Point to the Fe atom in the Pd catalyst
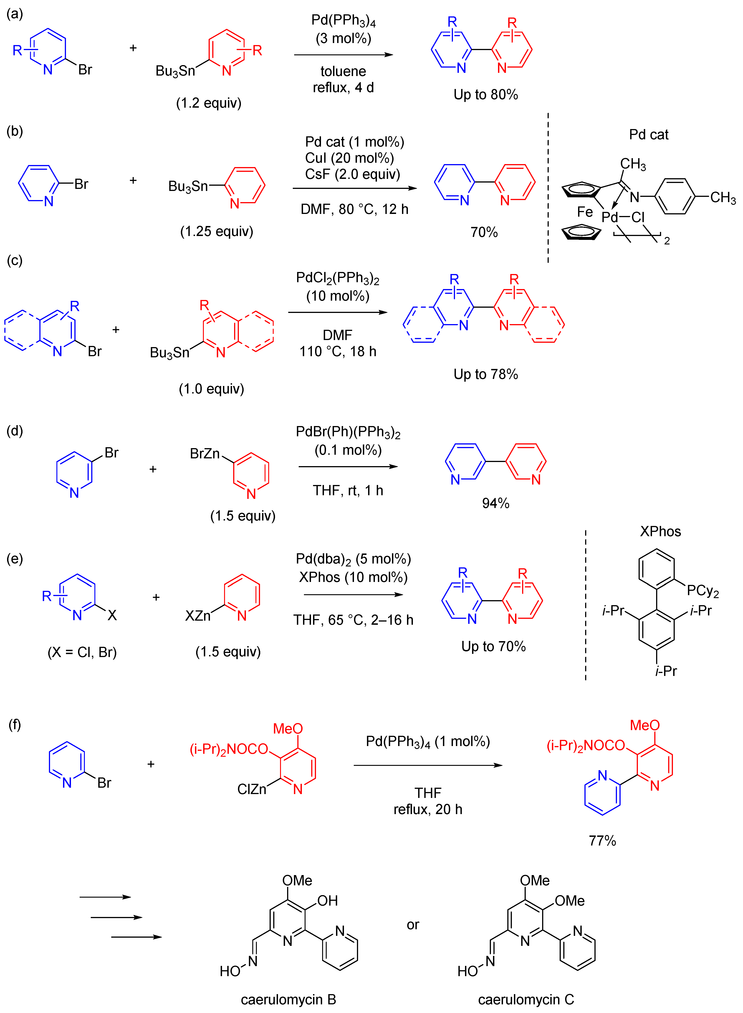pyautogui.click(x=585, y=212)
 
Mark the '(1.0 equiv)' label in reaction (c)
pyautogui.click(x=211, y=389)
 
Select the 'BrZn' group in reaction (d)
pyautogui.click(x=205, y=453)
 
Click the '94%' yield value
pyautogui.click(x=496, y=503)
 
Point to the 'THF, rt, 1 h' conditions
pyautogui.click(x=348, y=490)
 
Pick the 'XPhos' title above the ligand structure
pyautogui.click(x=660, y=531)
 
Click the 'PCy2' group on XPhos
pyautogui.click(x=703, y=591)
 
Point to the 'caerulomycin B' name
pyautogui.click(x=288, y=1000)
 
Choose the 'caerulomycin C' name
pyautogui.click(x=526, y=1000)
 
